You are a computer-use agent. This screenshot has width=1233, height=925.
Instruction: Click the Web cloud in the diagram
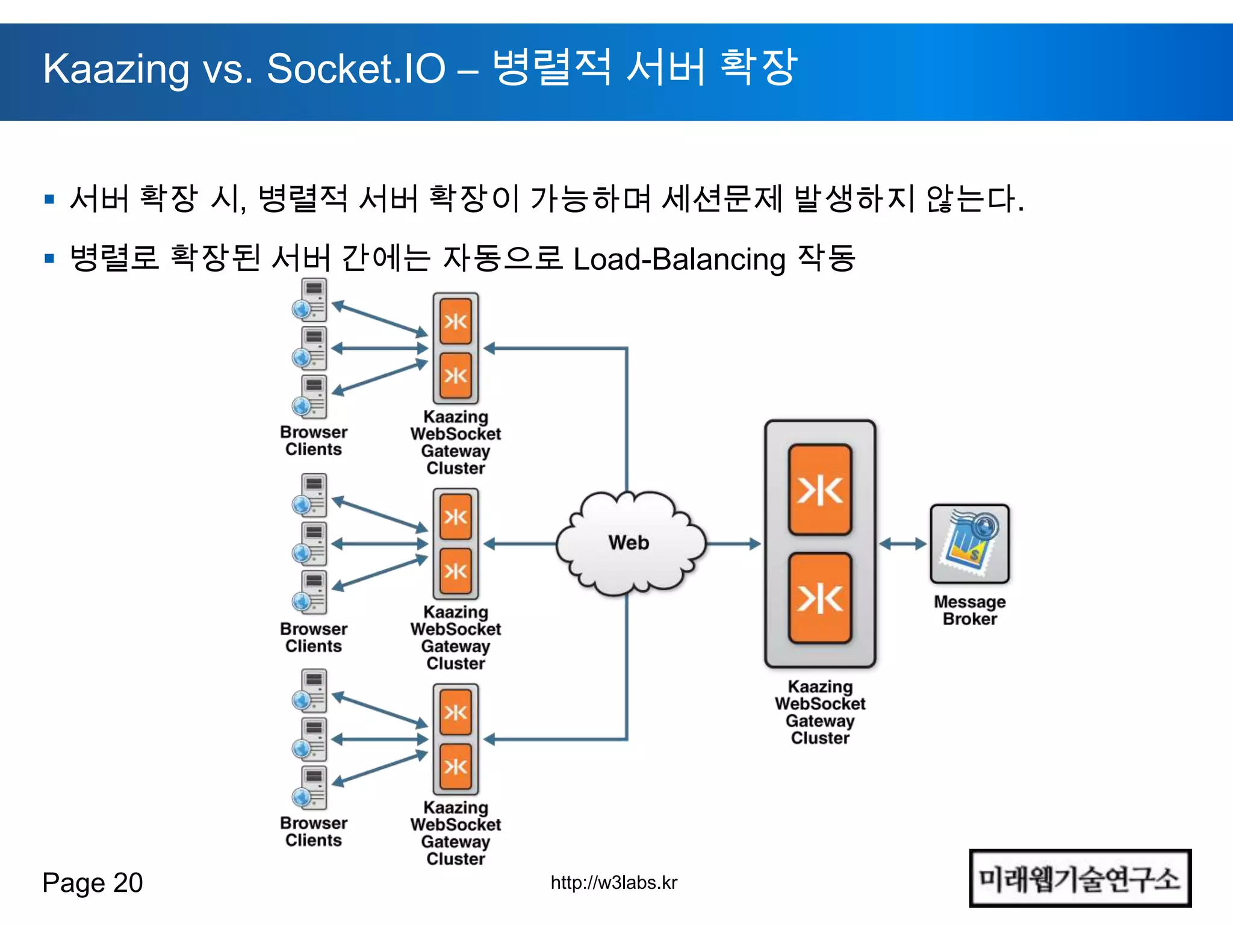point(629,543)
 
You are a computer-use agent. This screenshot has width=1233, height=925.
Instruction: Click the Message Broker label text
point(969,610)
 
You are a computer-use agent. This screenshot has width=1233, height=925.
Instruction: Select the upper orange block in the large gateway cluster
point(820,490)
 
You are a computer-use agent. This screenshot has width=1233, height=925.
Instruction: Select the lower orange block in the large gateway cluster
point(820,598)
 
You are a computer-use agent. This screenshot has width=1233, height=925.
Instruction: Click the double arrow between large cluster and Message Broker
point(902,544)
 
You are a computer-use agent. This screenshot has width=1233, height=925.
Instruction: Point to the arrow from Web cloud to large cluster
point(733,544)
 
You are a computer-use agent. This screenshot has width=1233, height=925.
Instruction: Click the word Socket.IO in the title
point(356,69)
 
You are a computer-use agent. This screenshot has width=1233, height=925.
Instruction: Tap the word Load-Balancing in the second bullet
point(679,259)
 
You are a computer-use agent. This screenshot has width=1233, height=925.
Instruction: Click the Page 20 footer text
point(93,883)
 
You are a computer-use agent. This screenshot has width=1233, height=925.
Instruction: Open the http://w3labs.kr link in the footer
point(613,882)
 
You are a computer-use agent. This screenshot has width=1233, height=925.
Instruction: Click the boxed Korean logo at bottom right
point(1079,879)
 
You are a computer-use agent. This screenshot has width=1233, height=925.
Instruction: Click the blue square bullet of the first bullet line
point(50,199)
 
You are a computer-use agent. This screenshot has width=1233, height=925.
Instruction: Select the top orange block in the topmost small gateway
point(456,321)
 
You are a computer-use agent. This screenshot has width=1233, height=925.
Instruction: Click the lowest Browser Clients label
point(313,831)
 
